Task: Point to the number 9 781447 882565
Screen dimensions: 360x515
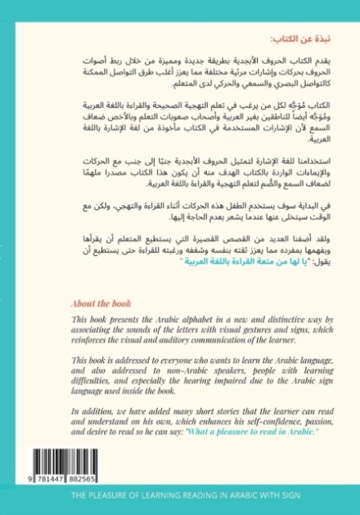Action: (x=65, y=478)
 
